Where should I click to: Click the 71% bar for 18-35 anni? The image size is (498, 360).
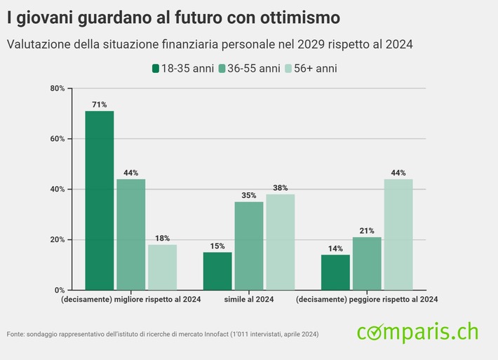tap(99, 200)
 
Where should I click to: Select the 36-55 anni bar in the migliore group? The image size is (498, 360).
tap(130, 234)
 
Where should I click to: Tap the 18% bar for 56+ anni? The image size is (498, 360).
tap(162, 267)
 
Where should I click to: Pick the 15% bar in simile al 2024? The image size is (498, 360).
tap(217, 271)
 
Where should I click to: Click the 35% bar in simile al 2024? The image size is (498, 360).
tap(249, 246)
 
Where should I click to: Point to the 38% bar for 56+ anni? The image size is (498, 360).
tap(280, 242)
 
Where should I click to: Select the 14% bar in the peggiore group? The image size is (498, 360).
tap(335, 272)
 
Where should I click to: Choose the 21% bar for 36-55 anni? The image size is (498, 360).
tap(366, 263)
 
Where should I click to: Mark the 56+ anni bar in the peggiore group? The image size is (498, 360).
tap(398, 234)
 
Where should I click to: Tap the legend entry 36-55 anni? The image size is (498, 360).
tap(248, 69)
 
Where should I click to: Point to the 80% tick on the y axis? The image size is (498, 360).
tap(57, 88)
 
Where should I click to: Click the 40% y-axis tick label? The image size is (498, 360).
tap(57, 189)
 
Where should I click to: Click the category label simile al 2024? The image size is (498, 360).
tap(248, 300)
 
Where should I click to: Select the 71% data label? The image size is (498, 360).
tap(99, 105)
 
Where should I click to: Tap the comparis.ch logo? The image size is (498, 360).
tap(417, 331)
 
